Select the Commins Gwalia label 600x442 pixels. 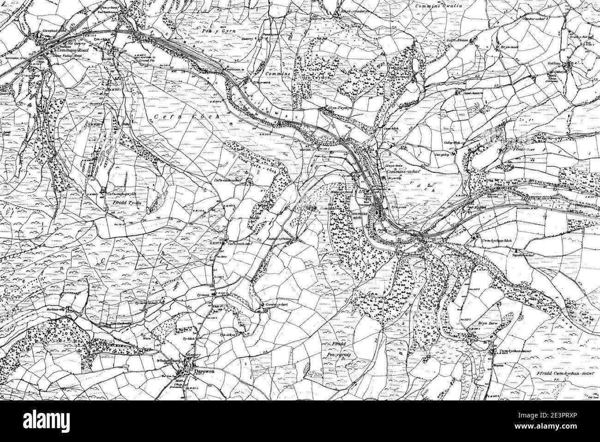click(x=436, y=6)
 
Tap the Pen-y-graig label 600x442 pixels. click(x=349, y=353)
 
